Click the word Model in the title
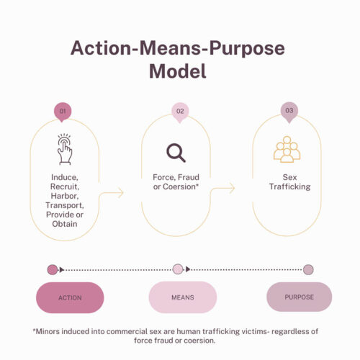178,71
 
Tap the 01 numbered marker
63,112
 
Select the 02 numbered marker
180,112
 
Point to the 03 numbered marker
289,112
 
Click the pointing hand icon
65,149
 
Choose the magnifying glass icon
176,153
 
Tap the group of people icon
287,149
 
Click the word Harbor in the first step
65,196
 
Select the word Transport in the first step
65,205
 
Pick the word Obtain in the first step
65,224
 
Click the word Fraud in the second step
189,177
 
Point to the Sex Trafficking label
289,182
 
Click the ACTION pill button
70,297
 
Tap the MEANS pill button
183,297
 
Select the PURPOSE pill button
299,297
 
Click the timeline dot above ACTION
53,270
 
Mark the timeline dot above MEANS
178,269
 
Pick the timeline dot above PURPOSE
308,270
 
